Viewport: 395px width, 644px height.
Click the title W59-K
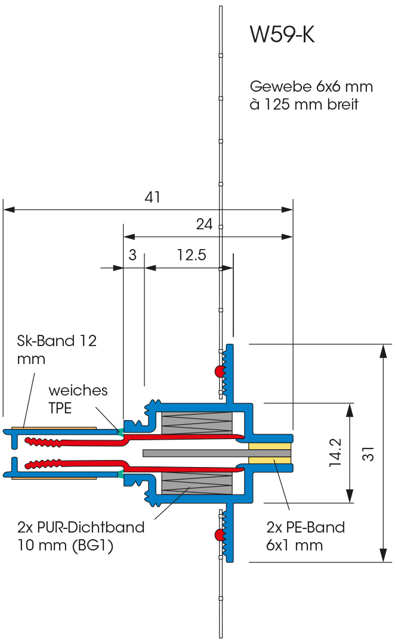(x=282, y=35)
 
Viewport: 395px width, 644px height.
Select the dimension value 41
(x=153, y=198)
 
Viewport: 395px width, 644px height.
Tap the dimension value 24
(x=204, y=224)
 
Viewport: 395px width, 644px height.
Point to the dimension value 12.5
(x=192, y=256)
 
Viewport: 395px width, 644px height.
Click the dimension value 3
(x=132, y=256)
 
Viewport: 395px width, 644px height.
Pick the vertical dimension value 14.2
(x=335, y=452)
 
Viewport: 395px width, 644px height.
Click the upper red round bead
(x=219, y=372)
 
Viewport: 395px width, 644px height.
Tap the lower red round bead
(x=219, y=534)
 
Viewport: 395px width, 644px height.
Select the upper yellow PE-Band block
(x=270, y=446)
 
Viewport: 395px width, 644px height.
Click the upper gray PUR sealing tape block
(x=196, y=423)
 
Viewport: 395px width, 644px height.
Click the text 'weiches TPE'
(x=78, y=399)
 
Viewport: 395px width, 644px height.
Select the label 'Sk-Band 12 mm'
(x=56, y=349)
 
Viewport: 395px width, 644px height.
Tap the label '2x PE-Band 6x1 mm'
(x=305, y=536)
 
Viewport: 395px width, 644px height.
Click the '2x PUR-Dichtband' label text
(x=81, y=527)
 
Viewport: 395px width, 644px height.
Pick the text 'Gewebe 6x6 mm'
(x=311, y=86)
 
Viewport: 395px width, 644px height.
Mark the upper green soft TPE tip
(x=121, y=431)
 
